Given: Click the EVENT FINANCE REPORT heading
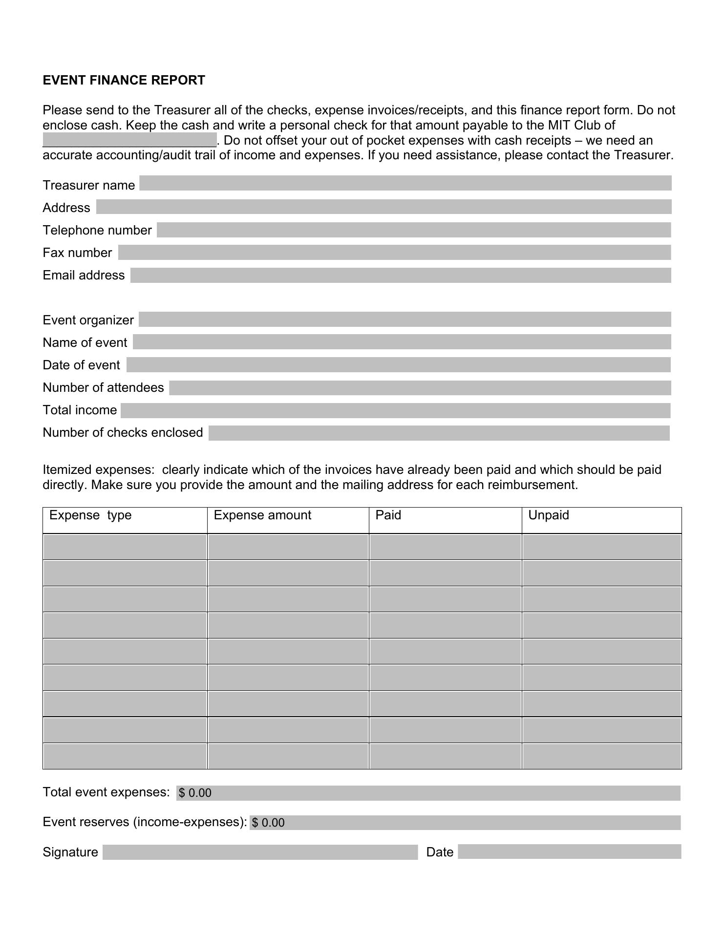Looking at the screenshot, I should tap(124, 81).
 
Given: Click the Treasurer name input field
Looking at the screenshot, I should tap(405, 183).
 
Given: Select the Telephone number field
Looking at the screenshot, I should tap(413, 230).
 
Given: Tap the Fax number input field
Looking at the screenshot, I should tap(394, 253).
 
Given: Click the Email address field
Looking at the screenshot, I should tap(401, 275).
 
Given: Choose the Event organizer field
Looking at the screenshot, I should tap(405, 320).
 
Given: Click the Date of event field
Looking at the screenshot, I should tap(398, 365).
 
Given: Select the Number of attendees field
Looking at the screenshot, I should tap(420, 388).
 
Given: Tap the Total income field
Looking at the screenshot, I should tap(395, 410).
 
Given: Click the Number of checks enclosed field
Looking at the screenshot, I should tap(439, 433).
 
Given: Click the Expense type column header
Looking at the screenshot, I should tap(90, 515).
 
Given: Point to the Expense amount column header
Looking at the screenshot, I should tap(262, 515).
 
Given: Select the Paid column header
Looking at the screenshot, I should tap(388, 515).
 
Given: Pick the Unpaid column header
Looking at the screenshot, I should tap(549, 515).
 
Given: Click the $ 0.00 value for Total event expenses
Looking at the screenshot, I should tap(195, 793).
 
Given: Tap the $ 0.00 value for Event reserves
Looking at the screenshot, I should tap(268, 823).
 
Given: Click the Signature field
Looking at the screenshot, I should tap(260, 853).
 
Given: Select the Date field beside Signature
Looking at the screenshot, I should tap(569, 852).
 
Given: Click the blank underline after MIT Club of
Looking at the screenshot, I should tap(129, 141).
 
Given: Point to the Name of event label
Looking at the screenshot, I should tap(85, 342).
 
